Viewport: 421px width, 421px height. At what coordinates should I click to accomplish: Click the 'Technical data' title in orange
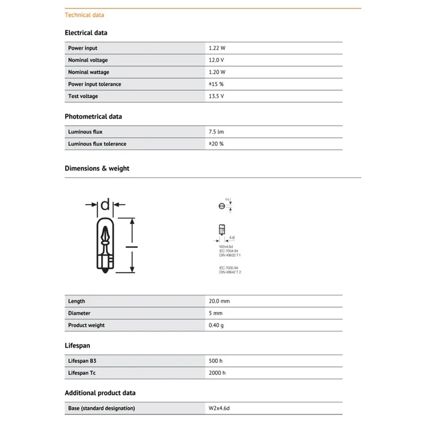point(84,15)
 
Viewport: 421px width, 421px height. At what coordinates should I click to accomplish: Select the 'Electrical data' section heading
point(86,33)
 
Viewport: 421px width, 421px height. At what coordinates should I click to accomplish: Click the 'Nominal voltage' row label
point(88,60)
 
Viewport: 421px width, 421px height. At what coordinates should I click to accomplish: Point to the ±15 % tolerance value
point(216,84)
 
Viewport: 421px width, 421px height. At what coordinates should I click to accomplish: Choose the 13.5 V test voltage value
point(216,96)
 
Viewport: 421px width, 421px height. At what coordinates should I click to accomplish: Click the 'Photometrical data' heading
point(93,116)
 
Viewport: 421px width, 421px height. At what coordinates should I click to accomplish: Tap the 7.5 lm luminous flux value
point(216,132)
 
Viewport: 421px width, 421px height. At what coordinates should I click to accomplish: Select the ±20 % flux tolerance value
point(216,144)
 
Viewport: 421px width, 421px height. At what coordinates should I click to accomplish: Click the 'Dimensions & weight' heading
point(97,168)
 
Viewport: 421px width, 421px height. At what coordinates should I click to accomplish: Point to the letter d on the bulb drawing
point(105,205)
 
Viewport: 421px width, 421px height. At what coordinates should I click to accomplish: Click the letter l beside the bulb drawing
point(132,245)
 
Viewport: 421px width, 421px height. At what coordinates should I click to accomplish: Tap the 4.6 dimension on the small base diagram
point(232,238)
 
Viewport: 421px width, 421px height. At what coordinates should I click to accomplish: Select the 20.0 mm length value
point(219,301)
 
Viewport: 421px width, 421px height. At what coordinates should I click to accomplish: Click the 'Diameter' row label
point(79,313)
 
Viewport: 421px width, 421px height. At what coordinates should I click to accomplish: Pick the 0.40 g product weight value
point(216,325)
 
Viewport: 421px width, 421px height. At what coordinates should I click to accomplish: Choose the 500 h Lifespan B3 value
point(216,361)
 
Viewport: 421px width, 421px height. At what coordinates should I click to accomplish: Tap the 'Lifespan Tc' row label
point(82,373)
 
